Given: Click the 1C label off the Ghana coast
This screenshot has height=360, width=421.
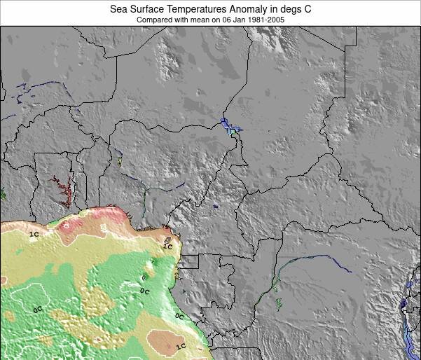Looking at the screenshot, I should pos(34,235).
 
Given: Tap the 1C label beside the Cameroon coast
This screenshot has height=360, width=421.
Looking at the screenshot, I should pos(167,247).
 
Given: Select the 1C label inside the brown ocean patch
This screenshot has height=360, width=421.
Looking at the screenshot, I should pos(181,346).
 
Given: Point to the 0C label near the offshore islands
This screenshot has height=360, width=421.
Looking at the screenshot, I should pos(144,291).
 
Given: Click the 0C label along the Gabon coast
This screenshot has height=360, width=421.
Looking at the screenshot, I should pos(179,317).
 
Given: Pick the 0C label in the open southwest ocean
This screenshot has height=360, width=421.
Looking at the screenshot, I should pos(38,308).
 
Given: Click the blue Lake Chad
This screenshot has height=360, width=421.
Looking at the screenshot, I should pos(229,126).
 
